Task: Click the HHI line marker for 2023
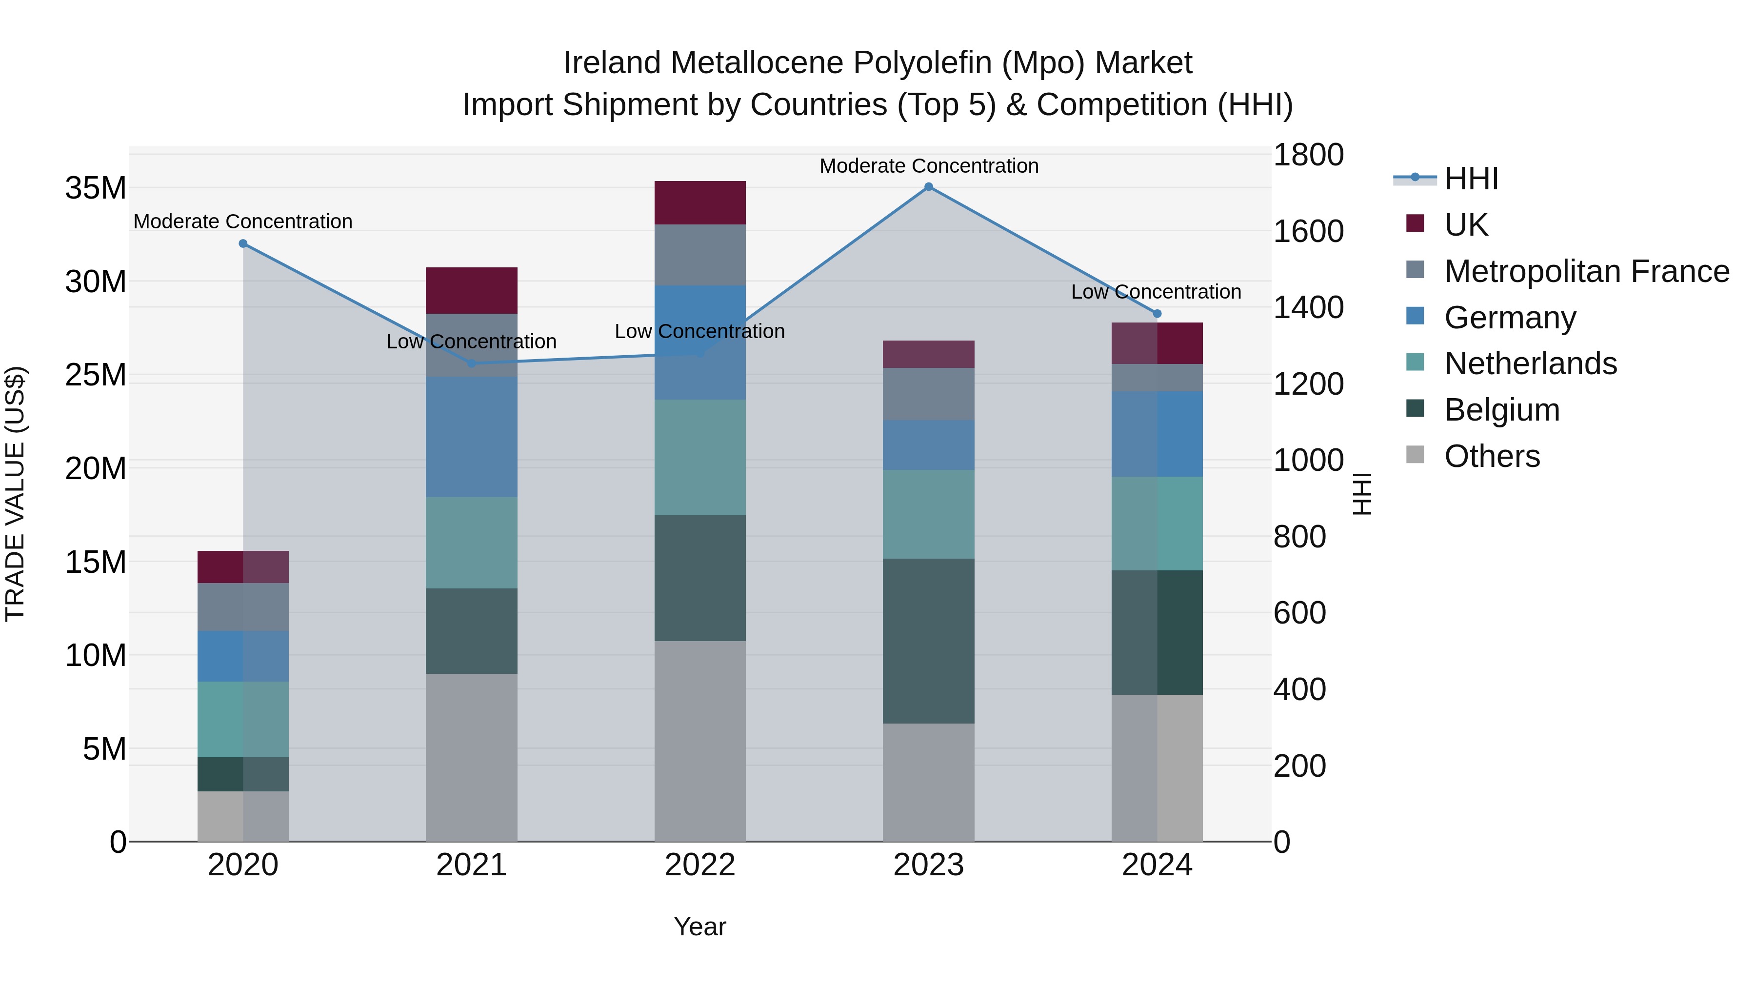tap(928, 187)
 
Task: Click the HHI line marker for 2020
tap(243, 243)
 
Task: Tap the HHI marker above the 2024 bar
tap(1157, 314)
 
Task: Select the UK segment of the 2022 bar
tap(700, 202)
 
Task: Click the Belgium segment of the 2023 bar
tap(928, 641)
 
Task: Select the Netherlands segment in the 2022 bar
tap(700, 457)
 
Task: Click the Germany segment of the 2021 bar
tap(471, 436)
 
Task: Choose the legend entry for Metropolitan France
tap(1586, 271)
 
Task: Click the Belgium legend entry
tap(1502, 410)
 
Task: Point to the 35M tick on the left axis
tap(96, 188)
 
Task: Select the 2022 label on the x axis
tap(700, 865)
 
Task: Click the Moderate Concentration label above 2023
tap(928, 166)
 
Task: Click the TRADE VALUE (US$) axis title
tap(15, 494)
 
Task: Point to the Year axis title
tap(700, 927)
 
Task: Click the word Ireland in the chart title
tap(612, 63)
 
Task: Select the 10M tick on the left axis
tap(96, 655)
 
